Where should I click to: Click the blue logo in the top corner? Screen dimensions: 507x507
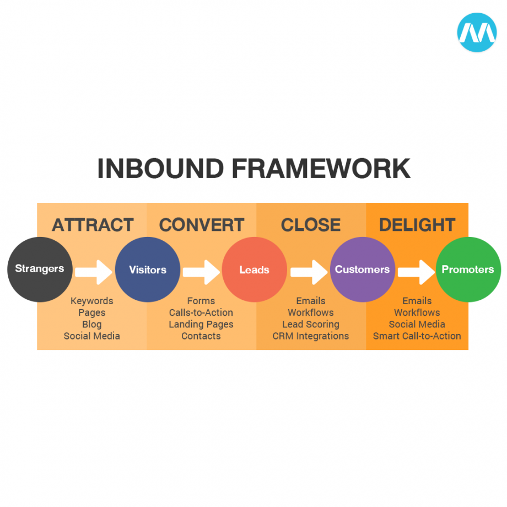pos(477,33)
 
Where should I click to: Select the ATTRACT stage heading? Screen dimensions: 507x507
pos(93,225)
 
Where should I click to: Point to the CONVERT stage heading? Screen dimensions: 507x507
pos(201,225)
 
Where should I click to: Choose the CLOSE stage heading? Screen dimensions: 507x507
pos(311,225)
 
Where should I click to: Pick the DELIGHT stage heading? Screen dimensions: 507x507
pos(417,225)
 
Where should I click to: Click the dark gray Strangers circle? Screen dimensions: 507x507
pos(40,269)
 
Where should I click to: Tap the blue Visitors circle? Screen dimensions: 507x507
pos(148,269)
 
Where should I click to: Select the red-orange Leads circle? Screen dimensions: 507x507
pos(255,269)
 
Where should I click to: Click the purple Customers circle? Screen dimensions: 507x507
pos(362,269)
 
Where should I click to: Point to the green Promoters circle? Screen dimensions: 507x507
pos(468,269)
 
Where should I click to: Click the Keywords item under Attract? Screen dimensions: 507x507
pos(91,301)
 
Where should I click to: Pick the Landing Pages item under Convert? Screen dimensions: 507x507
pos(201,324)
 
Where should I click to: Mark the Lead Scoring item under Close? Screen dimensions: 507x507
pos(311,324)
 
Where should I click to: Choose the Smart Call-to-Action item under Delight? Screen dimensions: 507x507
pos(417,336)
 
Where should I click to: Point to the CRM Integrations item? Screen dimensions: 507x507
pos(311,336)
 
